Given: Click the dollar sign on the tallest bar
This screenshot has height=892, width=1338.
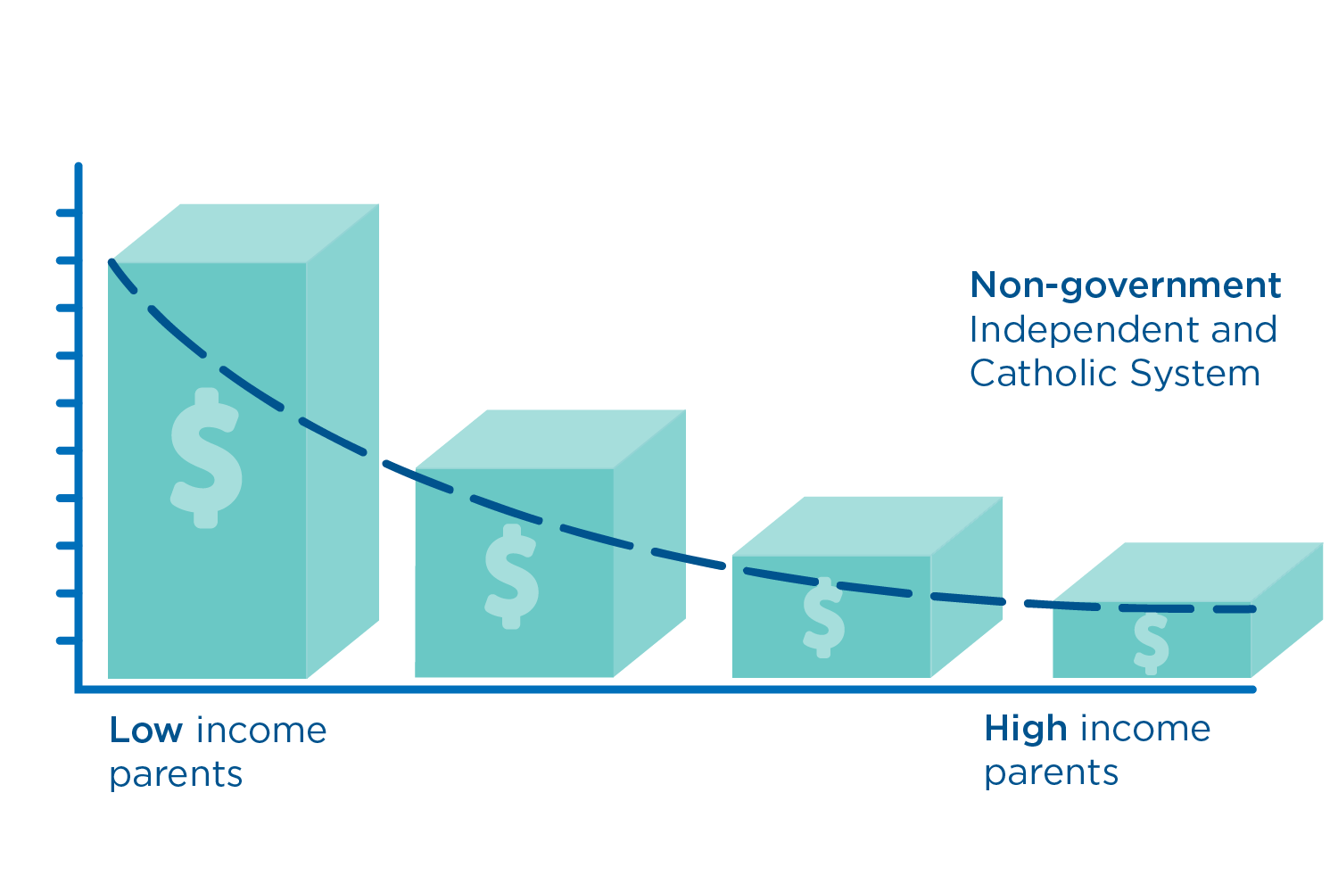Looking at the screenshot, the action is (207, 458).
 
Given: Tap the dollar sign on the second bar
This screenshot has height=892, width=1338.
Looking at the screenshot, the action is (511, 576).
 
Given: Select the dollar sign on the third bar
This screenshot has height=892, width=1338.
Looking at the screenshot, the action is (823, 617).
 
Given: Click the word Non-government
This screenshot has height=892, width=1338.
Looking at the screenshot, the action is (1126, 285).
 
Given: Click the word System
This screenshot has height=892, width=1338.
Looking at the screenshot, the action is (1195, 375).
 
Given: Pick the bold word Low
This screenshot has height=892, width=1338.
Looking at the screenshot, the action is (145, 730).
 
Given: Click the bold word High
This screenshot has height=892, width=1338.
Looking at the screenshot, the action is (1025, 729).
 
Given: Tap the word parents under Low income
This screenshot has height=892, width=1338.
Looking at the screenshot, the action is (177, 775).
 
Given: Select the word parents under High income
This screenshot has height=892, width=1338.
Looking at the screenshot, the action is (1051, 774).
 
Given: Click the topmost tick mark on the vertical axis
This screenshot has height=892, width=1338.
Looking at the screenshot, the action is (68, 212).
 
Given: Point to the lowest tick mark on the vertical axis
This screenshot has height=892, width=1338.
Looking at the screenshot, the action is (68, 641).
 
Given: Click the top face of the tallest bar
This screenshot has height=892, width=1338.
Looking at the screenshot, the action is (245, 234).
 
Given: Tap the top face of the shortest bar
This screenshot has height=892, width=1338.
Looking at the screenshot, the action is (1187, 573).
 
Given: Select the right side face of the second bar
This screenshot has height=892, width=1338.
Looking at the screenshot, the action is (649, 543).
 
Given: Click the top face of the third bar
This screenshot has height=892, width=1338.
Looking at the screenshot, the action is (867, 526).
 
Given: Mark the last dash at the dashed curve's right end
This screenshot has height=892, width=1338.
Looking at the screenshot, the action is (1235, 609).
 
